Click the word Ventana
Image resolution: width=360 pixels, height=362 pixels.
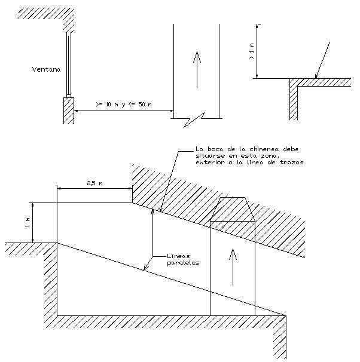pos(46,69)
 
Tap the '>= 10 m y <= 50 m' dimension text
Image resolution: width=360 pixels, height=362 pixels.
pos(124,105)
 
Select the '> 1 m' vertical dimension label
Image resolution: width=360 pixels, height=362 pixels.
pos(252,51)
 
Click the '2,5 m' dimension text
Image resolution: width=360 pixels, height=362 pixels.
pos(94,183)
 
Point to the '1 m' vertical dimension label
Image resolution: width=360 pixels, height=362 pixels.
pos(28,223)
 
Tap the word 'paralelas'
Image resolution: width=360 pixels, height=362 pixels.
pos(183,263)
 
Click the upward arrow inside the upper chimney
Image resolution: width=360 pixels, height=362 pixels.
pos(197,70)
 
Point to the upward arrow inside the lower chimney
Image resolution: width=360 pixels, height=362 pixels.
pos(233,267)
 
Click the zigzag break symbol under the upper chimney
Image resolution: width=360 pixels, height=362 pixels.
pos(194,120)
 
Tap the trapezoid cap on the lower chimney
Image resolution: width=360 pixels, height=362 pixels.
pos(233,209)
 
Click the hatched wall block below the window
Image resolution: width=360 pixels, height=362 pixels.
pos(69,111)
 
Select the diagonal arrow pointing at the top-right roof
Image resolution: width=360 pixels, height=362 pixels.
pos(322,60)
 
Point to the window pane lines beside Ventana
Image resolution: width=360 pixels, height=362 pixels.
pos(69,64)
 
